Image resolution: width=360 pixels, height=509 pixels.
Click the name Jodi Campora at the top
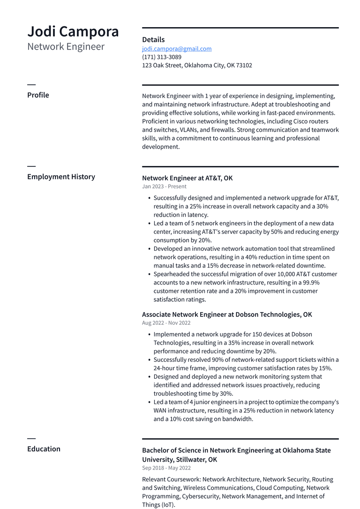73,31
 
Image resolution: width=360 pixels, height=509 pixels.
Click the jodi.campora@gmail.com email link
177,49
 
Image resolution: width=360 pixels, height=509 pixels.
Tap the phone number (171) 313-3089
162,57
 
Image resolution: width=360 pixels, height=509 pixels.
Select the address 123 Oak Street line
197,66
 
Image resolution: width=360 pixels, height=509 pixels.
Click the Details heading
153,40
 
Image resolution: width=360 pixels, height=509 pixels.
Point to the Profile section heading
38,95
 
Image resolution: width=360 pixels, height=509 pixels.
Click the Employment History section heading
61,177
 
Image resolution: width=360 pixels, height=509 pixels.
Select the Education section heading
44,449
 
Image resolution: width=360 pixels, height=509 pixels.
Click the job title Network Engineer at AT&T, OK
187,178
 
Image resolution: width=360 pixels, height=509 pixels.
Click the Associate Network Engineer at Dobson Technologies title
227,314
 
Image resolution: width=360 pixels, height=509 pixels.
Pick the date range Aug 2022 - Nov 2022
166,323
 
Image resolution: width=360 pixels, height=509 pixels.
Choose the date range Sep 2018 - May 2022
166,468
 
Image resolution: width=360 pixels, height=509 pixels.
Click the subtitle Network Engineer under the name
66,46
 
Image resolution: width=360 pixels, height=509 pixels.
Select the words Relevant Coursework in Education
171,479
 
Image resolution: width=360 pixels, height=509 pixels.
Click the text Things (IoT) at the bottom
158,505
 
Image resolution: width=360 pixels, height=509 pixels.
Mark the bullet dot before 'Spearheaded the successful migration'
149,274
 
